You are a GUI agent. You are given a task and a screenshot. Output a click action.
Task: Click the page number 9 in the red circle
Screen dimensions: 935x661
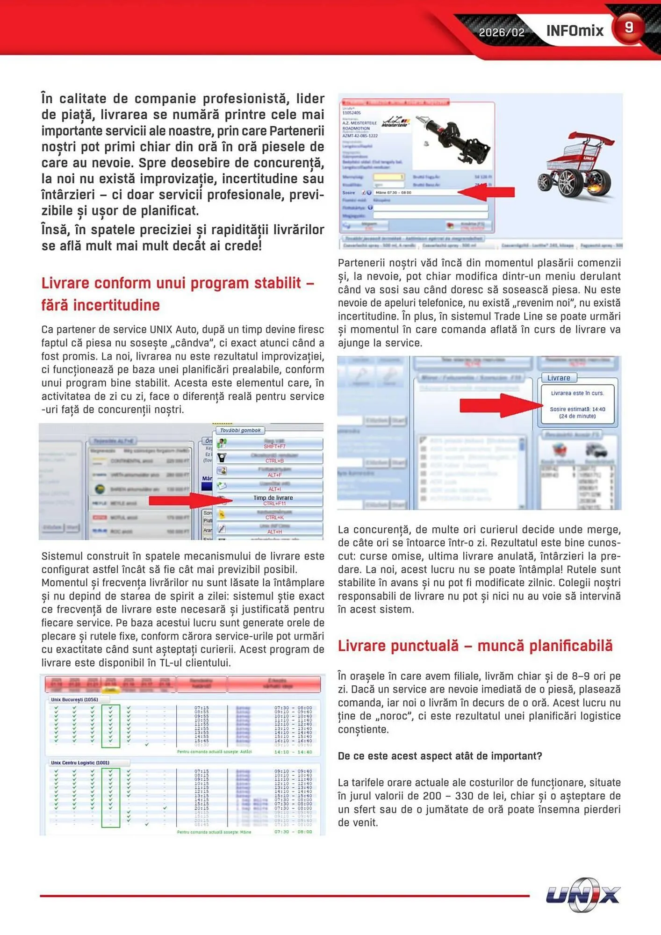click(x=629, y=28)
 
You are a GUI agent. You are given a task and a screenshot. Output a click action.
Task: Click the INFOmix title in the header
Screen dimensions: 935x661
click(x=575, y=31)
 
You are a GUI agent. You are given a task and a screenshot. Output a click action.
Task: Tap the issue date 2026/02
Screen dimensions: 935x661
click(x=501, y=32)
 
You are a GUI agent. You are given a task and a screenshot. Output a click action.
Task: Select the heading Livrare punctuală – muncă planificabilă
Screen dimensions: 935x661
click(x=475, y=646)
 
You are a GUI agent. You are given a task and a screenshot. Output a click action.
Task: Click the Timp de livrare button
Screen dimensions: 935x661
click(x=273, y=500)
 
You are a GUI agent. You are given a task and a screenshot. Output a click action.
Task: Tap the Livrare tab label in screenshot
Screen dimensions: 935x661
click(x=559, y=378)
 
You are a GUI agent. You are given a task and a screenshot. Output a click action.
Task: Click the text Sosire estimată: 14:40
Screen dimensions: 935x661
click(x=577, y=409)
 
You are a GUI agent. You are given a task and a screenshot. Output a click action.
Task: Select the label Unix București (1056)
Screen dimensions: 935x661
click(x=75, y=699)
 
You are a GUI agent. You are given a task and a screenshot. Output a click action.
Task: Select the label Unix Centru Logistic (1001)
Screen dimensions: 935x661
click(x=80, y=762)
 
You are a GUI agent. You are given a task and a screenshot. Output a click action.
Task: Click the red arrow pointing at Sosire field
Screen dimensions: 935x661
click(x=486, y=192)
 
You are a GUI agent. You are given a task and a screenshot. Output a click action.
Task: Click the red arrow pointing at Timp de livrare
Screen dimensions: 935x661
click(x=189, y=501)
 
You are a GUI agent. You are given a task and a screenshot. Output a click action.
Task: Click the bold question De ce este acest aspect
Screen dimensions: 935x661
click(x=439, y=756)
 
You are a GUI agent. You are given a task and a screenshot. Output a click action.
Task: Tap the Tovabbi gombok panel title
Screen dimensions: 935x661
click(x=240, y=430)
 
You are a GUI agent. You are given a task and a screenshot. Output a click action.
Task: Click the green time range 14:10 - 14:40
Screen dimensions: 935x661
click(x=293, y=752)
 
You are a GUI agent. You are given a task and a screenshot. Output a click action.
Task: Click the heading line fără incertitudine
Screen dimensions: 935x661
click(x=101, y=305)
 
